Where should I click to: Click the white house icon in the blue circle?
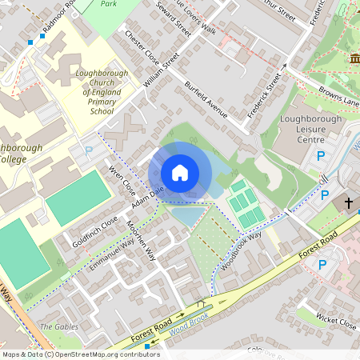[180, 172]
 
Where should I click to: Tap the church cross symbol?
[349, 203]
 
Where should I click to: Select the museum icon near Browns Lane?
[354, 59]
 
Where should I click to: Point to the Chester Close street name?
[141, 50]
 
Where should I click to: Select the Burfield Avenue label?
[206, 99]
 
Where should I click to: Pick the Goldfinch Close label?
[95, 230]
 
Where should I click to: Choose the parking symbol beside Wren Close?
[89, 150]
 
